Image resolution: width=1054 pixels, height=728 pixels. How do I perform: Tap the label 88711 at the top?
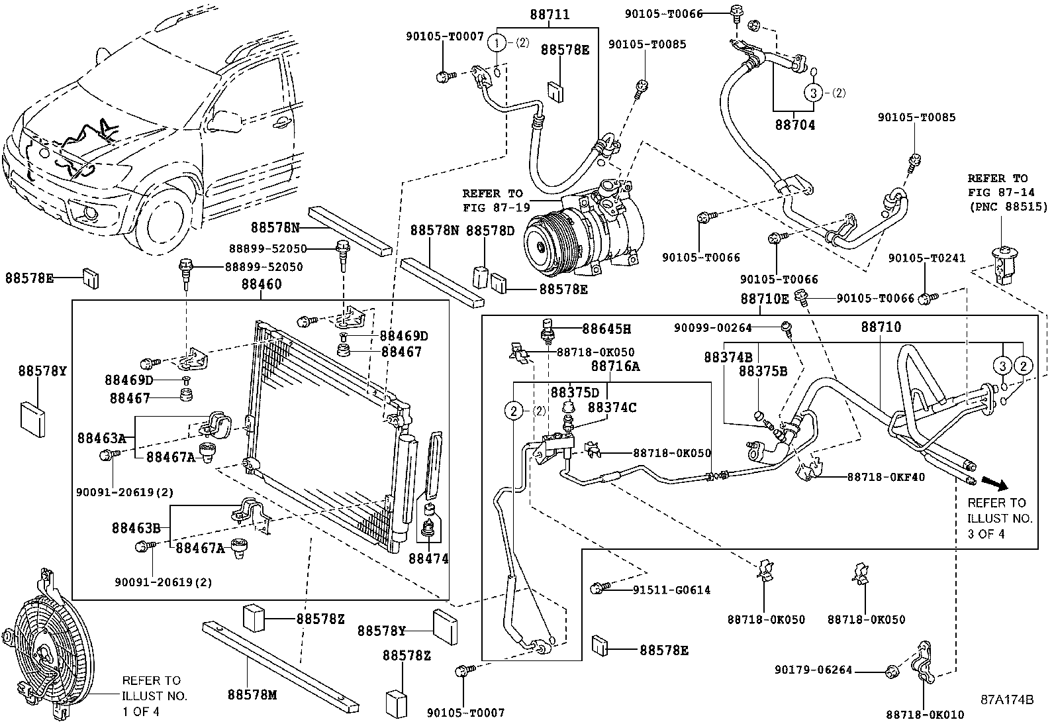click(549, 15)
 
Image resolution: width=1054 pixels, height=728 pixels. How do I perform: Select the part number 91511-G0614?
click(671, 590)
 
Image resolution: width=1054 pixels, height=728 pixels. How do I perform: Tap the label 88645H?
click(606, 329)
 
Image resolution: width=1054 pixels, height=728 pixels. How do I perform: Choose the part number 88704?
click(794, 125)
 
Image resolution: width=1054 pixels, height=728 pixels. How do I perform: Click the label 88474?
click(428, 558)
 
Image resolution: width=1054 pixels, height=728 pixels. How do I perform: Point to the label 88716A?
click(615, 366)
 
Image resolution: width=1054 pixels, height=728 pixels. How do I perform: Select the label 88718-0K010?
click(925, 715)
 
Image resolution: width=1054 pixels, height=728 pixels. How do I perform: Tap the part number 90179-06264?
click(813, 670)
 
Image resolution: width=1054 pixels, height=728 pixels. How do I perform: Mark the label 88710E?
click(764, 299)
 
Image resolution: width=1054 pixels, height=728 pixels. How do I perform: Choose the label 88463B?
click(136, 528)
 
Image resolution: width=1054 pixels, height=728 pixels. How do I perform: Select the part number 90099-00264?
click(713, 327)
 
